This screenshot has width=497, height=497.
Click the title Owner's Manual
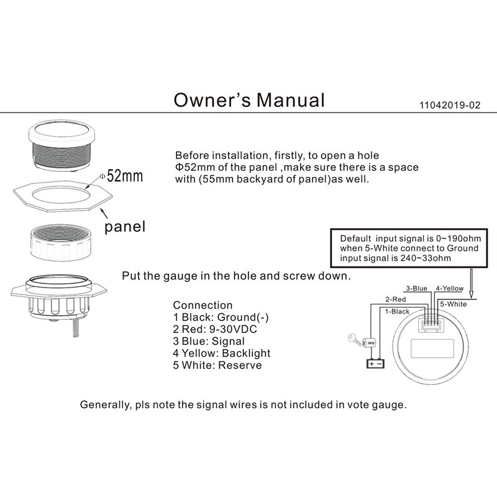248,99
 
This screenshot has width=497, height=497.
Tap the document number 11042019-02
450,105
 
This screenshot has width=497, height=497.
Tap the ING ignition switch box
372,342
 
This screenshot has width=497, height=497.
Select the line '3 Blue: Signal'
209,341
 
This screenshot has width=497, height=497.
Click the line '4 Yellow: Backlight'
221,353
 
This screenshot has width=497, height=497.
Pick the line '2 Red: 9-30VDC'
214,329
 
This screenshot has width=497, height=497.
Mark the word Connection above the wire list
203,305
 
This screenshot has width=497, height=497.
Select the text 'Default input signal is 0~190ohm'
405,238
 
